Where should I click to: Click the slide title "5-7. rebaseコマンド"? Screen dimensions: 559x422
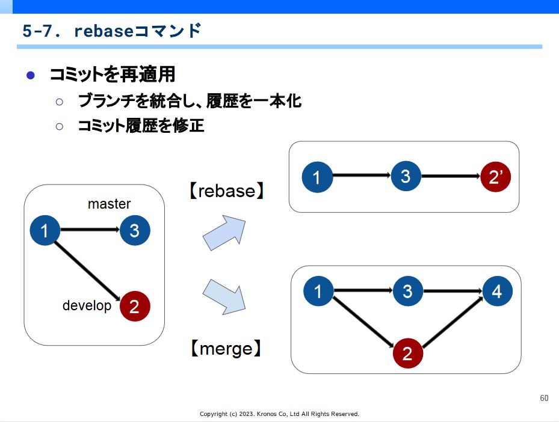click(112, 31)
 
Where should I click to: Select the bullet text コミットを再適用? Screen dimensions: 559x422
click(113, 75)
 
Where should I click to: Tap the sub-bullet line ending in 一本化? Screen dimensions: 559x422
click(190, 101)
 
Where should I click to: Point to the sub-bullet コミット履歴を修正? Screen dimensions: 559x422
click(141, 126)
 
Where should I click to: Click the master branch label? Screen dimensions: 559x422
click(109, 204)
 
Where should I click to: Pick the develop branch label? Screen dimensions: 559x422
click(87, 305)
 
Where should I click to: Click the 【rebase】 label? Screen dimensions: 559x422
click(226, 191)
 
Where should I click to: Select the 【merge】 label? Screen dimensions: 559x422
click(226, 348)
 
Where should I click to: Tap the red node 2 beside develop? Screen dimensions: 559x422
click(135, 306)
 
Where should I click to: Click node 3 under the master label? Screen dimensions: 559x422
click(135, 230)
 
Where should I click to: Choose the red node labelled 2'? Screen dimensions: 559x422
click(496, 177)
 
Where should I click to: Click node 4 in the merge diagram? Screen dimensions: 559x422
click(498, 292)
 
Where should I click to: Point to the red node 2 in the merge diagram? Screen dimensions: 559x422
click(408, 353)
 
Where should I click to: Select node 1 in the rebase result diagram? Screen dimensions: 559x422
click(317, 177)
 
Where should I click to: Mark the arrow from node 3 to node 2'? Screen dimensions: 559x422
click(451, 176)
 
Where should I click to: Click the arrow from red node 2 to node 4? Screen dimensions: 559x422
click(452, 322)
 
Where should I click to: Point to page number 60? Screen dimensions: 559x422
click(544, 398)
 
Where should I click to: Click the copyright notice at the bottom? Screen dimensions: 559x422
click(279, 414)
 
